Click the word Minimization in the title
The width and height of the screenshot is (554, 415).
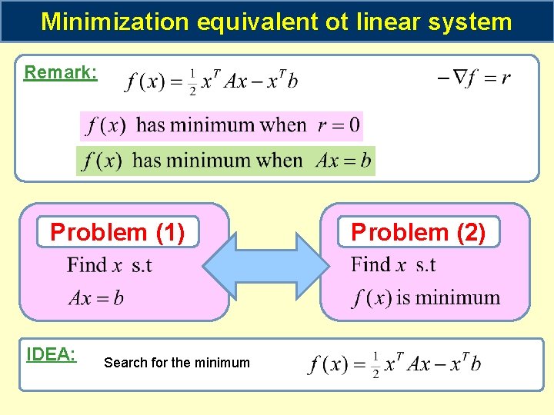(114, 21)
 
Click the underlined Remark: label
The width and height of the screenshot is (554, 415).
(60, 72)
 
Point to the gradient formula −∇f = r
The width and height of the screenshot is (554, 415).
(474, 78)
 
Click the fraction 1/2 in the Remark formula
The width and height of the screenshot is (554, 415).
(192, 81)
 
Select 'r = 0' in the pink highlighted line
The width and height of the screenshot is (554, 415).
(339, 124)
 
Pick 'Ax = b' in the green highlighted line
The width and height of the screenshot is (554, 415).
(343, 161)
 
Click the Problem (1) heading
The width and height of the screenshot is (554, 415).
(118, 231)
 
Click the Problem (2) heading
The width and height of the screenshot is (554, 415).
(418, 231)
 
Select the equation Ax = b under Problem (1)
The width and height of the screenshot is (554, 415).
(95, 298)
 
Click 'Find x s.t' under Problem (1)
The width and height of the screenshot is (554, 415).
(109, 266)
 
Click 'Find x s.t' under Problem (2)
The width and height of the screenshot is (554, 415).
(393, 265)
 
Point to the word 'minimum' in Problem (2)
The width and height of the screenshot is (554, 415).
(458, 298)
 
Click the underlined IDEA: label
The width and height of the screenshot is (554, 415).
(51, 354)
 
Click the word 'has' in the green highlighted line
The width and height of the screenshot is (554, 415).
(147, 161)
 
